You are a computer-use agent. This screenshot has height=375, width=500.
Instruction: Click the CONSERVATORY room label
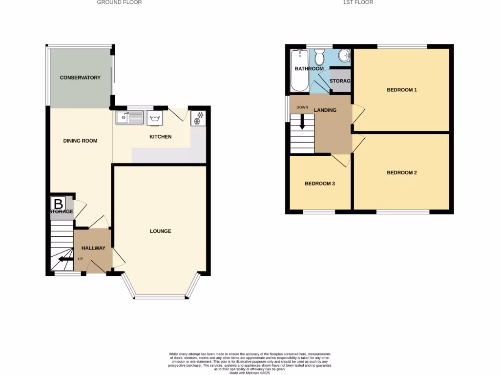point(80,78)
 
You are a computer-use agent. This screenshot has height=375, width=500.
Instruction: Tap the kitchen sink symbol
point(129,117)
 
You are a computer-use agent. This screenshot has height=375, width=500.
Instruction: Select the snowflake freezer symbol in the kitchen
point(199,118)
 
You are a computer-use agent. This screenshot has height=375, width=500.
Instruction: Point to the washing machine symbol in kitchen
point(156,118)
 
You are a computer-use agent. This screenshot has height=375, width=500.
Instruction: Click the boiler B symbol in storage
point(59,204)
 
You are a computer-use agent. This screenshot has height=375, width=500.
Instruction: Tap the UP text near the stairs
point(80,259)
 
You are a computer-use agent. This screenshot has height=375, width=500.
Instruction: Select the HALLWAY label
point(93,248)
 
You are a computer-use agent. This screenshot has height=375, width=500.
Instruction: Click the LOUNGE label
point(160,231)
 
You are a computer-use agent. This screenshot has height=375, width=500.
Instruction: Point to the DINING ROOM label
point(80,141)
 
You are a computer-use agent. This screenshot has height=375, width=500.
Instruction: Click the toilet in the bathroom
point(320,57)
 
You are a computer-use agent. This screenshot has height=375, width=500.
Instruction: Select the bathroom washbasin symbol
point(345,55)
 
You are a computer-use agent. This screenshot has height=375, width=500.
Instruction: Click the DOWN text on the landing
point(302,107)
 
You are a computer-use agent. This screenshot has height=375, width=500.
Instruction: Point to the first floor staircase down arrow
point(302,122)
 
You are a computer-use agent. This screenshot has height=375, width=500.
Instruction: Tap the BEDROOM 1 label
point(401,90)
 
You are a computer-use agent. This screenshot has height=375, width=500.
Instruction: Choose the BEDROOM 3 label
point(319,184)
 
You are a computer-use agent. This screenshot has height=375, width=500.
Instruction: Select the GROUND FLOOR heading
point(119,2)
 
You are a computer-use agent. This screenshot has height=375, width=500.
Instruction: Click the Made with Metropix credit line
point(250,373)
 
